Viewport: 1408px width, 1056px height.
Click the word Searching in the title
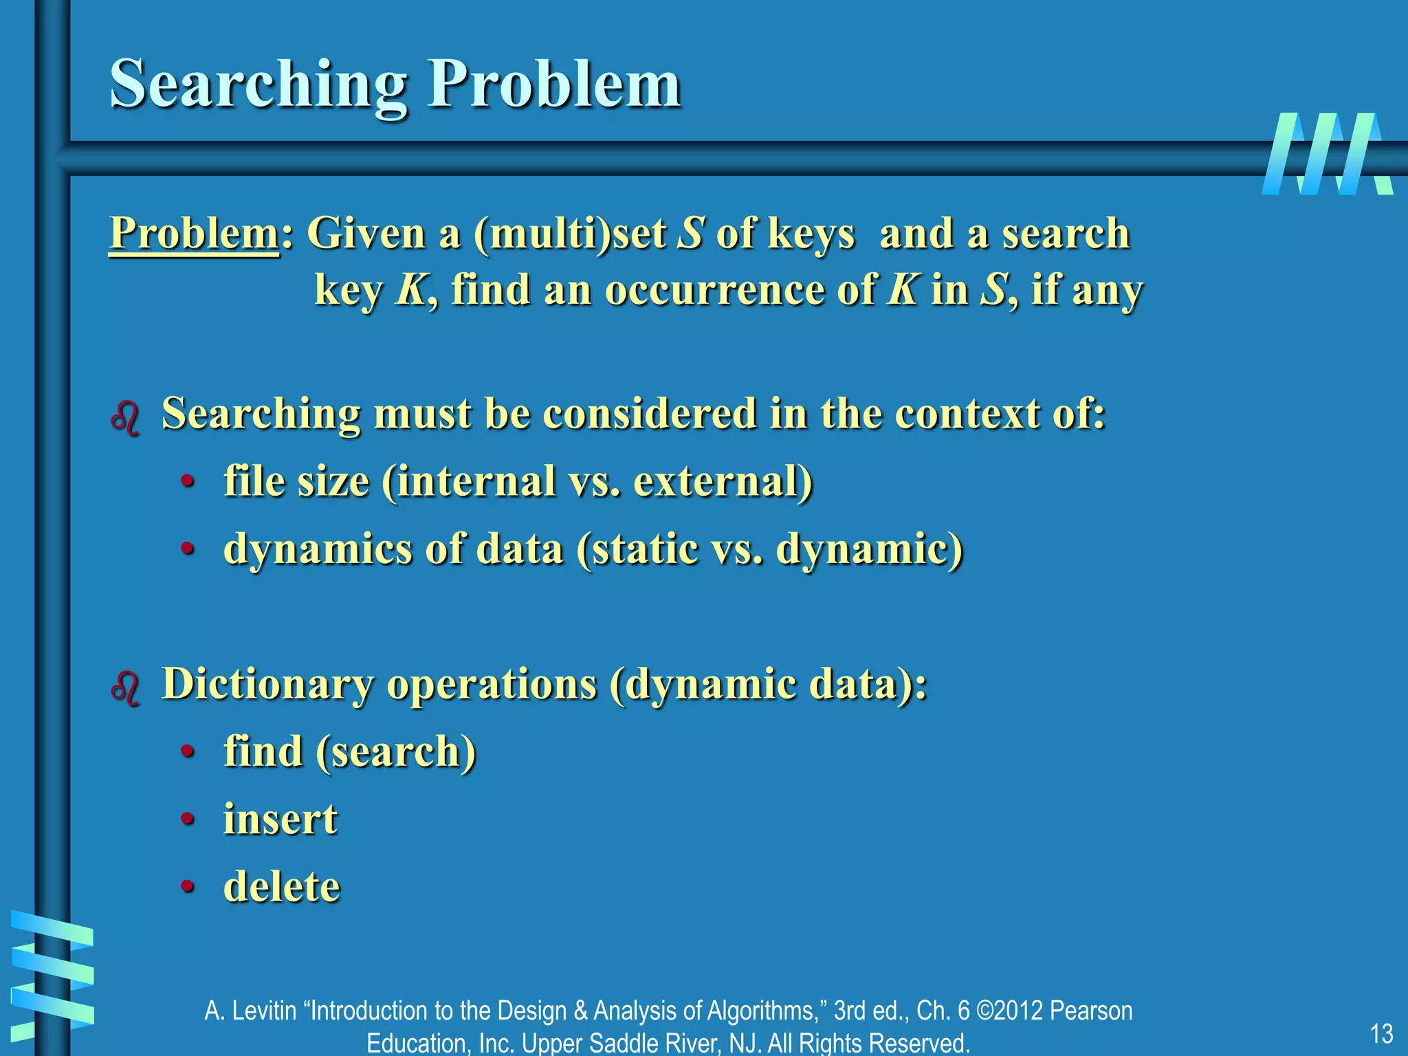258,85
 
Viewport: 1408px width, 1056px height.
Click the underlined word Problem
194,234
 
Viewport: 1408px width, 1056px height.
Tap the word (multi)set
570,234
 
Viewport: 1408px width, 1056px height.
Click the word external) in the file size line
723,481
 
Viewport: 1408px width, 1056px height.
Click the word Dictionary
269,685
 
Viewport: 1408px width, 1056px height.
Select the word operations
492,685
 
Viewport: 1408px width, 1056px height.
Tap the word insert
280,819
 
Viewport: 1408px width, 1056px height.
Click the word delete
282,887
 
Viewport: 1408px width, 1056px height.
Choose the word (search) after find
396,752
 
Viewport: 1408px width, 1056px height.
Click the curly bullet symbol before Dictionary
125,687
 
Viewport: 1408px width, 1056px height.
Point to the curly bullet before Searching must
125,417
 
